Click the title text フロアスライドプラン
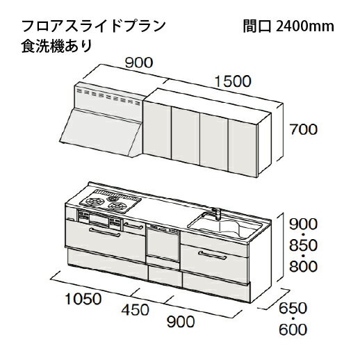[x=93, y=26]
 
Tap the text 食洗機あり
[x=57, y=46]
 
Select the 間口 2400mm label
[x=288, y=26]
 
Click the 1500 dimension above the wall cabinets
[x=233, y=81]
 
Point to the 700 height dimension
[x=304, y=129]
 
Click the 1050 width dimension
[x=83, y=299]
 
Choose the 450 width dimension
[x=136, y=310]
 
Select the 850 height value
[x=303, y=245]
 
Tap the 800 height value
[x=303, y=266]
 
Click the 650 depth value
[x=293, y=309]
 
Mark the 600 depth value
[x=293, y=329]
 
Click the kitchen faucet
[x=216, y=214]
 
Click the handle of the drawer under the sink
[x=213, y=255]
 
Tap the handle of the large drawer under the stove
[x=105, y=232]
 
